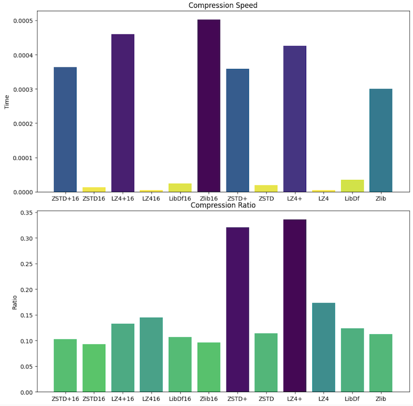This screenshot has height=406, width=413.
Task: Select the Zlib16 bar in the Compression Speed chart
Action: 209,106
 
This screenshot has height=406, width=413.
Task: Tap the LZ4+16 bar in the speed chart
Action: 123,113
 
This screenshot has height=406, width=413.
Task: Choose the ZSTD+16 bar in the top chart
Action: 65,129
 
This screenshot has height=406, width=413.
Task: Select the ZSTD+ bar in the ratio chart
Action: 237,310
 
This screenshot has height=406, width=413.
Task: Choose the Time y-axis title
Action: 7,103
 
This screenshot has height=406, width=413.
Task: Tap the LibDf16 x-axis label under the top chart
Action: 180,198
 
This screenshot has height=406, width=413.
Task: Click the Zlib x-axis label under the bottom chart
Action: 381,398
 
